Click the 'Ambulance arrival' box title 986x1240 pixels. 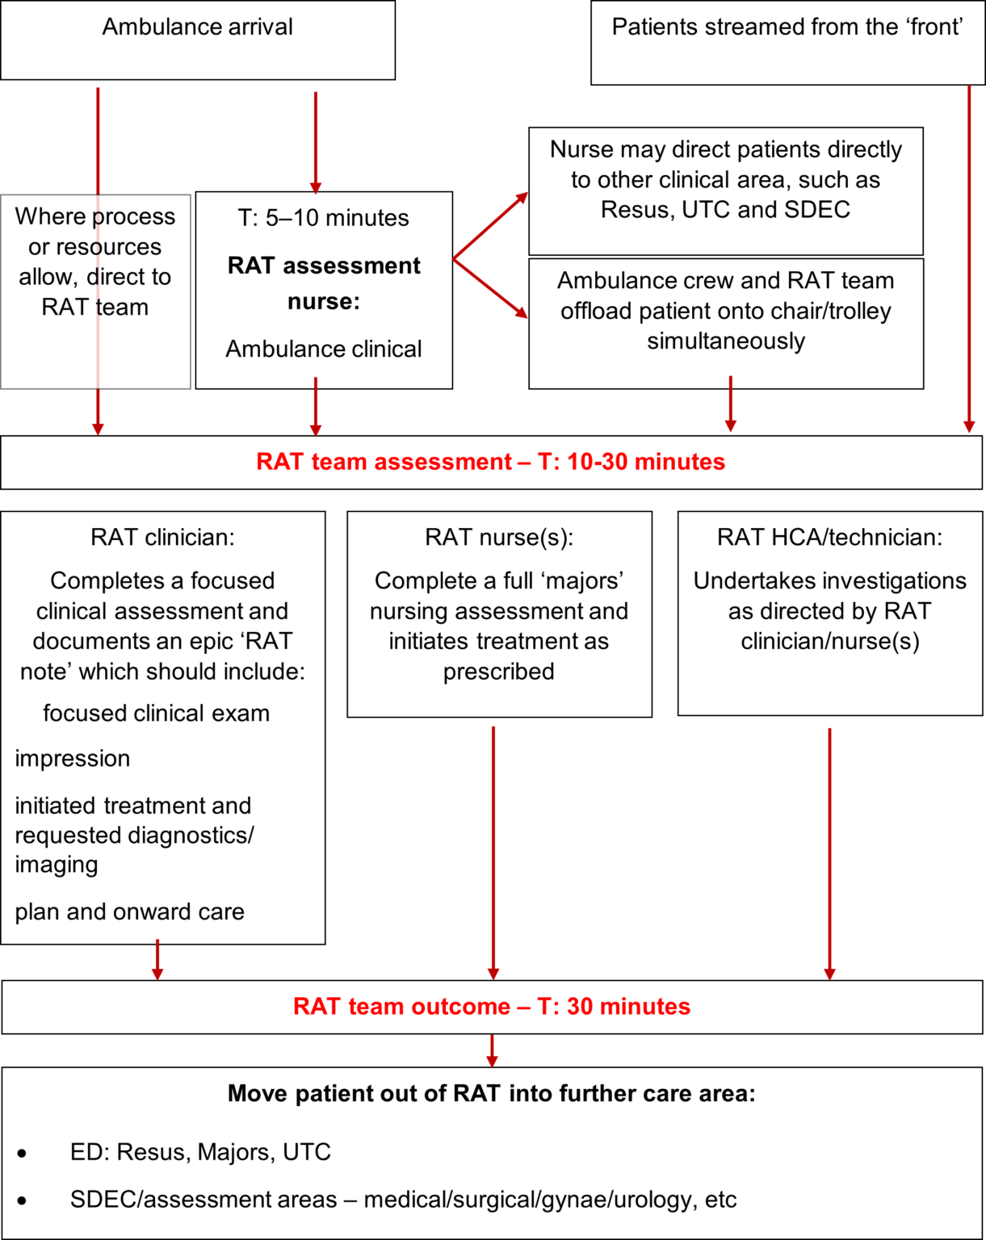pos(197,27)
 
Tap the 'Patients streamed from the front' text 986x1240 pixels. pos(787,27)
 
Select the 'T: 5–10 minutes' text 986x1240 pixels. pos(323,218)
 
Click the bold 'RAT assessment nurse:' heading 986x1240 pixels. pos(324,283)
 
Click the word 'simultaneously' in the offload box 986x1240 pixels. pos(726,341)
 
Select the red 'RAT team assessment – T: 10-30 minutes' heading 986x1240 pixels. pos(490,462)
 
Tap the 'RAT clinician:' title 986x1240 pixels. pos(162,538)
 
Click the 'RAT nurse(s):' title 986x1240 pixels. pos(499,538)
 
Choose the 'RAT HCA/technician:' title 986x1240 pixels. pos(829,538)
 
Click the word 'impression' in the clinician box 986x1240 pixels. pos(73,759)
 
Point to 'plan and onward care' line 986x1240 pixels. pos(129,912)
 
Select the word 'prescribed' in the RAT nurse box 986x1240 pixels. pos(499,672)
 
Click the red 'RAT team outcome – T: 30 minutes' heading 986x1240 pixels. pos(491,1007)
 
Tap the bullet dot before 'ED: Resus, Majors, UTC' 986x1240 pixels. pos(22,1154)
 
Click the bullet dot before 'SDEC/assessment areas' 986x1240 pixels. pos(22,1201)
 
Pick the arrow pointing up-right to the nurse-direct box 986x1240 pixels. pos(491,225)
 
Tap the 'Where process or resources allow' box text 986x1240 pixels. pos(94,262)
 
